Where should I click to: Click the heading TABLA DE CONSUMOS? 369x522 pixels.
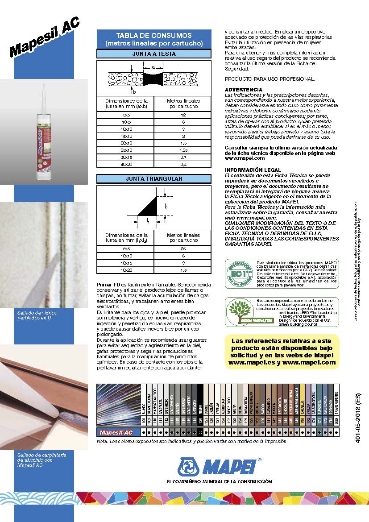point(154,36)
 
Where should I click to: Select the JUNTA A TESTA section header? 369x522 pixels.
point(154,54)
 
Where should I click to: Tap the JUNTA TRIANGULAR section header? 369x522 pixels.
point(154,179)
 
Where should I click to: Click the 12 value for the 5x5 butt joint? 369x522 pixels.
point(183,115)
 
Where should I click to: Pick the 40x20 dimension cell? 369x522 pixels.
point(126,165)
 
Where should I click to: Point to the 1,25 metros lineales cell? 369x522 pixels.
point(183,150)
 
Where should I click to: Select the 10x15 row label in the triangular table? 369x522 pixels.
point(126,264)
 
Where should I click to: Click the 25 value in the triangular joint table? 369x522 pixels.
point(183,249)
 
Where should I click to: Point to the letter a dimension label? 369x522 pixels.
point(153,67)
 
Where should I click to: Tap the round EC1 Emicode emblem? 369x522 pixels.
point(239,273)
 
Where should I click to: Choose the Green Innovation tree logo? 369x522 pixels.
point(240,312)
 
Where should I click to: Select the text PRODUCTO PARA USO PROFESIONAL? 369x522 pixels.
point(269,79)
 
